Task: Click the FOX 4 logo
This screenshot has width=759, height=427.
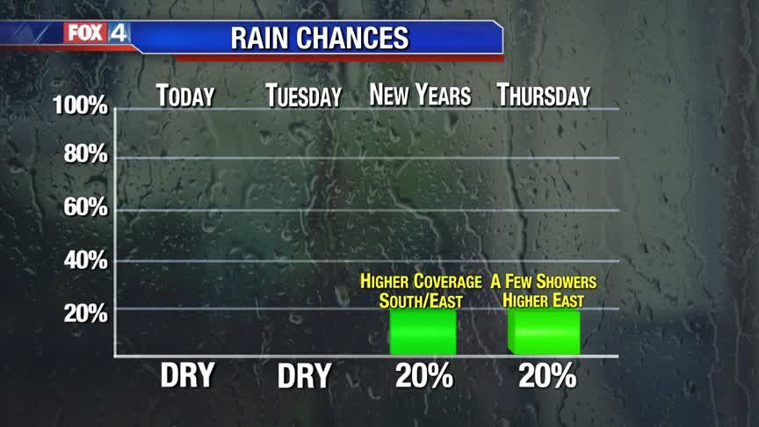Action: (97, 33)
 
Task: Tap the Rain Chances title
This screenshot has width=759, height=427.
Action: (319, 39)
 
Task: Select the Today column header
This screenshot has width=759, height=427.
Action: (185, 95)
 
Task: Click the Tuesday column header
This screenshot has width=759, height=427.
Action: (303, 96)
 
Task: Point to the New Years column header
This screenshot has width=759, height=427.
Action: (420, 95)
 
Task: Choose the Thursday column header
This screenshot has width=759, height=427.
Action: (543, 95)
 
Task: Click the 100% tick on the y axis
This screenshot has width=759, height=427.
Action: (80, 107)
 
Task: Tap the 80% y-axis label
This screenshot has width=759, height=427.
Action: (86, 156)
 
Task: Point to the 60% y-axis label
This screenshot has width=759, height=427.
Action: (86, 208)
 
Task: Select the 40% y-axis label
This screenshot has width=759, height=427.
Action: (86, 260)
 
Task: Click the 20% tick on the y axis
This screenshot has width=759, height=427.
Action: (86, 313)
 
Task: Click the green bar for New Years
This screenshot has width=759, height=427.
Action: (423, 331)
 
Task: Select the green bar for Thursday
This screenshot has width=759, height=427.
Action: (544, 331)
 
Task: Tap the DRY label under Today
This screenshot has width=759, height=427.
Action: (187, 375)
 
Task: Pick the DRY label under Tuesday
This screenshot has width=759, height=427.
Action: (304, 376)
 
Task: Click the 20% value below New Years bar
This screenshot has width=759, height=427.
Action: (423, 376)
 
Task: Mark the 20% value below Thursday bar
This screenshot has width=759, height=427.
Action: (546, 376)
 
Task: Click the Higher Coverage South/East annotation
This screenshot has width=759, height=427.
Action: (421, 291)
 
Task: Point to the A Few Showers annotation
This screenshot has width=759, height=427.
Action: (544, 291)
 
